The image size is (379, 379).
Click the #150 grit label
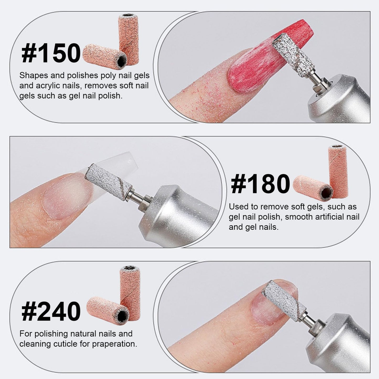[51, 53]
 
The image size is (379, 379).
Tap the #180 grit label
[260, 184]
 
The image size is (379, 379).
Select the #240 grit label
[51, 312]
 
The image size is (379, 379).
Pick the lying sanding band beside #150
[105, 57]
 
